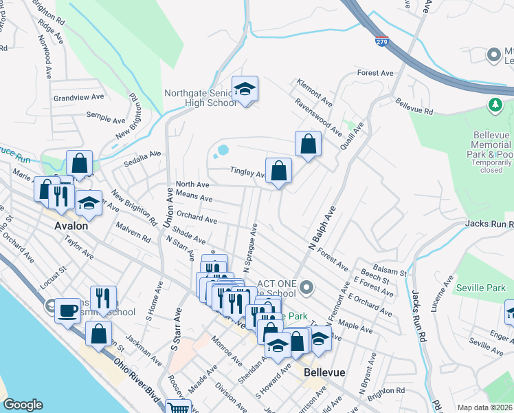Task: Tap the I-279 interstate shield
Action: coord(382,42)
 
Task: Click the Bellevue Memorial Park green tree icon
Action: coord(494,105)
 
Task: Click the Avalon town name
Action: coord(71,226)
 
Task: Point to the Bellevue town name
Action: coord(324,372)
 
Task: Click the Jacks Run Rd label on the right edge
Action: coord(489,224)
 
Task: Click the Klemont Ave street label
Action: coord(315,91)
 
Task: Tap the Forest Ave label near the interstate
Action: coord(375,73)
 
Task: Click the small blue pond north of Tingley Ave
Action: coord(223,149)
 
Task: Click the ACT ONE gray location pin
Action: coord(306,287)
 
